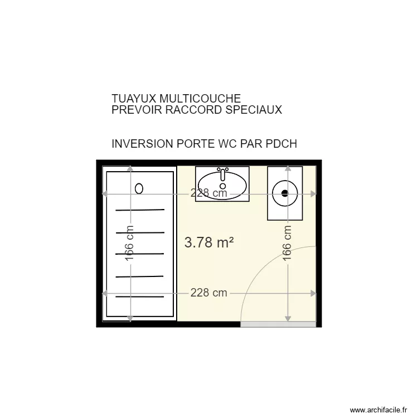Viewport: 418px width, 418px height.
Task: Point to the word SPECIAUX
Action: tap(254, 110)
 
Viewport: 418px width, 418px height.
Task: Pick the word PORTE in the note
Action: tap(193, 144)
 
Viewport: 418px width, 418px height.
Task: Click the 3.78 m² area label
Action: tap(208, 242)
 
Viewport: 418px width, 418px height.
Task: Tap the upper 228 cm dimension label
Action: tap(209, 193)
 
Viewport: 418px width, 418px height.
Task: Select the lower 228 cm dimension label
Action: tap(209, 293)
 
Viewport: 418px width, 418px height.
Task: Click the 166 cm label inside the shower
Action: tap(129, 244)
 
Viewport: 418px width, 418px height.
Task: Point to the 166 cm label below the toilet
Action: tap(288, 244)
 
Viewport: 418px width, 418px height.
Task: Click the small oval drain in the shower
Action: tap(139, 189)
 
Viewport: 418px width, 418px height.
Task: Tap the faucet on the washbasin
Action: tap(223, 173)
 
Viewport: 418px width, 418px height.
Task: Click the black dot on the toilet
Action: tap(285, 193)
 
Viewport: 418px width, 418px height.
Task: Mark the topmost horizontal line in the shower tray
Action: tap(140, 210)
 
